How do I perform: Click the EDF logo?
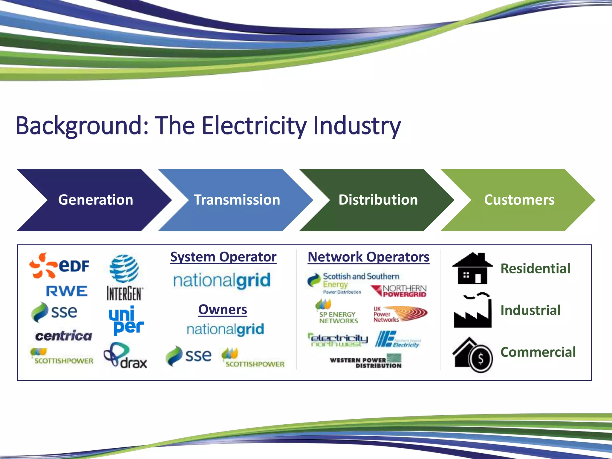tap(60, 265)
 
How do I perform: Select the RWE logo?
tap(66, 291)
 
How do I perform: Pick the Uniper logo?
tap(126, 320)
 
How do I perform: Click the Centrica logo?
tap(64, 336)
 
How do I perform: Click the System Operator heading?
tap(223, 257)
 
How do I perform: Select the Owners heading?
tap(223, 310)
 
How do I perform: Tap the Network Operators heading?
tap(368, 257)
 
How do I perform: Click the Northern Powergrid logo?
tap(399, 291)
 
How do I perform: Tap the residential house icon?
tap(472, 268)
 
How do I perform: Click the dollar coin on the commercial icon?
tap(481, 358)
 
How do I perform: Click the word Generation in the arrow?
tap(96, 200)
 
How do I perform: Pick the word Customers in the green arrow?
tap(519, 200)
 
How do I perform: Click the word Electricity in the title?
tap(254, 126)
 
